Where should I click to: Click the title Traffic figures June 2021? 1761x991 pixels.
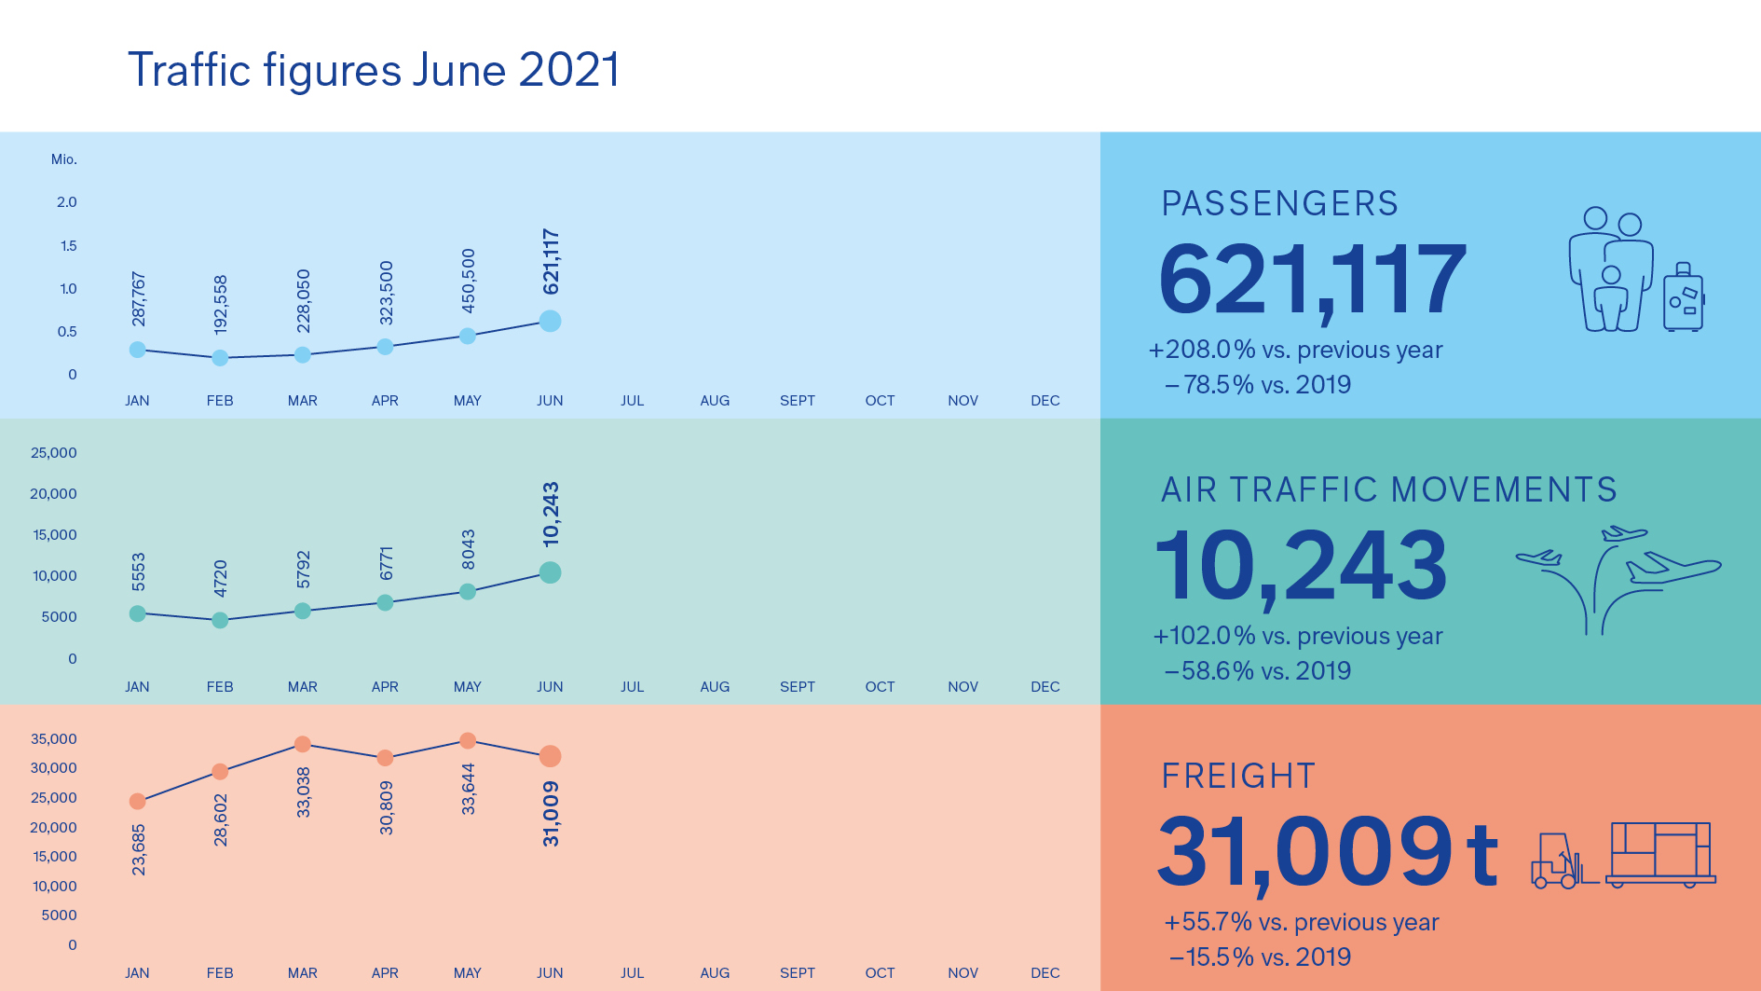coord(373,70)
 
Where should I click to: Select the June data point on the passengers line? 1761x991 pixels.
coord(550,321)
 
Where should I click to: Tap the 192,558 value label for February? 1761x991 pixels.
coord(221,305)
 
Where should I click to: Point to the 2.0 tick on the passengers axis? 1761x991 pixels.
coord(66,202)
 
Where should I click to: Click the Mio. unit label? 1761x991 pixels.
coord(63,159)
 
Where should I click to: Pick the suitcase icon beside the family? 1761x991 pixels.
coord(1684,298)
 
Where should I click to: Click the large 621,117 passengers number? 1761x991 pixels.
coord(1312,280)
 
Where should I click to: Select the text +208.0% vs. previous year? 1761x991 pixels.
coord(1295,350)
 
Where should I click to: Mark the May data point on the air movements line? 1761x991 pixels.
coord(468,592)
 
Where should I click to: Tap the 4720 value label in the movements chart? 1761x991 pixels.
coord(221,578)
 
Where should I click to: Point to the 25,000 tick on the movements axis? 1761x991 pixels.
coord(53,453)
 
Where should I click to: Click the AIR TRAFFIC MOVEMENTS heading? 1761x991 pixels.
coord(1388,489)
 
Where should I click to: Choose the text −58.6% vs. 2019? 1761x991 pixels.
coord(1258,671)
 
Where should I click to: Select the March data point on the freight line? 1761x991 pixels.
coord(302,744)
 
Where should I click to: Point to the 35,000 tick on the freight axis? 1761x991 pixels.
coord(53,739)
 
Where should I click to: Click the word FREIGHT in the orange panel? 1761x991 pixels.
coord(1238,776)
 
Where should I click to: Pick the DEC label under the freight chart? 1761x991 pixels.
coord(1044,973)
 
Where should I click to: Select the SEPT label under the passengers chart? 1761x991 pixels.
coord(797,401)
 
